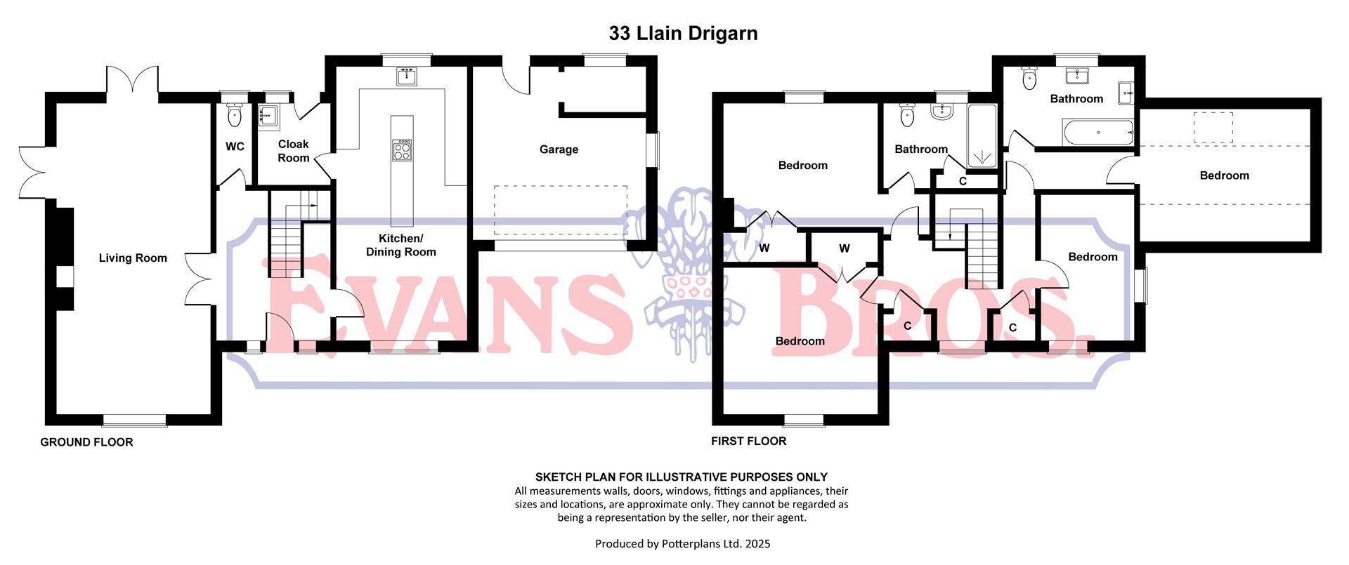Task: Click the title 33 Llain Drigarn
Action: (x=682, y=34)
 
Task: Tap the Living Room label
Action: (x=133, y=258)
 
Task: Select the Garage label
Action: (x=559, y=149)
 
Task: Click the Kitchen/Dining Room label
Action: (x=400, y=245)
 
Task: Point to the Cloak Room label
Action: (x=293, y=151)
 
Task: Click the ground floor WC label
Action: (x=235, y=147)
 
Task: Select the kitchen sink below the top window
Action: (x=406, y=77)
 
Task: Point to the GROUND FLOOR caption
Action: (x=86, y=442)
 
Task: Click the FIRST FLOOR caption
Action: (x=748, y=441)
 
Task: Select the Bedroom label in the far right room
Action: (x=1224, y=175)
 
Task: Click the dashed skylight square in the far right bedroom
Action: (x=1213, y=127)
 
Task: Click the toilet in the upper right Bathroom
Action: (x=1029, y=78)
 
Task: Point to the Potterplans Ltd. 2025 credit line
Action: (x=682, y=544)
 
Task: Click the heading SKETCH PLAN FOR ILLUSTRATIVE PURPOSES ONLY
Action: (x=682, y=477)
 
